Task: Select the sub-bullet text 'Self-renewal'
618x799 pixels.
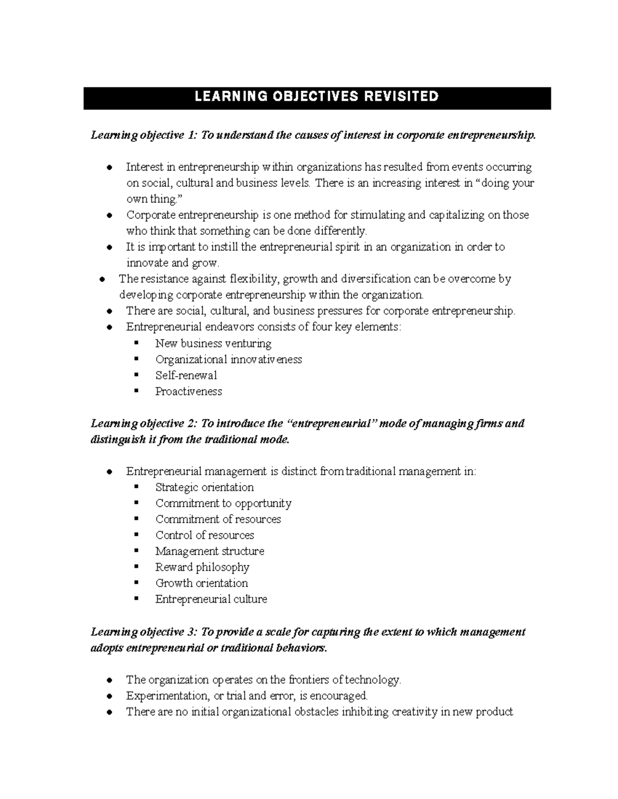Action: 186,376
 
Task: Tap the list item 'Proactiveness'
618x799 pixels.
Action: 188,392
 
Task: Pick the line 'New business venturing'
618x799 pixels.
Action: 213,344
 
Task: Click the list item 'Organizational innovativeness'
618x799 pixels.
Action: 229,360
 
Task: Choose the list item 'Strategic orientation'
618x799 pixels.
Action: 204,487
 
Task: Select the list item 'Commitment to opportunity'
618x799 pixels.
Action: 224,503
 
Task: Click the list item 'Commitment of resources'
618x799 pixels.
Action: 218,519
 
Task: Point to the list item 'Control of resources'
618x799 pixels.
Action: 205,535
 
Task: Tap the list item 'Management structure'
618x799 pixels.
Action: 210,551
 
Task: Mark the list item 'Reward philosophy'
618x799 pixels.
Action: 202,567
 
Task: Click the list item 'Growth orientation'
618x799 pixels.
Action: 202,583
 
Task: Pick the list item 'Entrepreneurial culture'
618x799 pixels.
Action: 211,599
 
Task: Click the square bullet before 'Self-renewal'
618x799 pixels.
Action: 136,375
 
